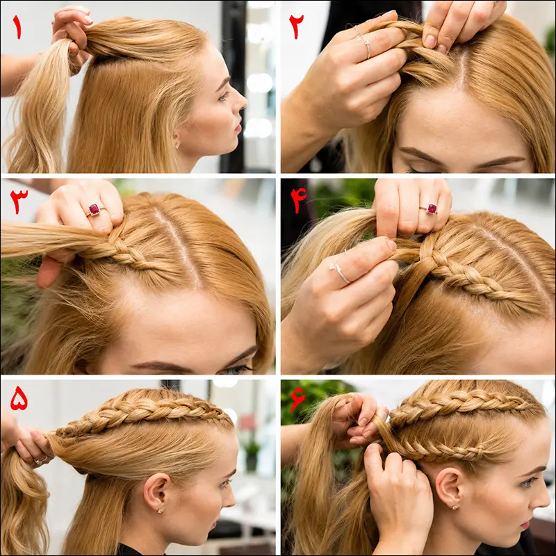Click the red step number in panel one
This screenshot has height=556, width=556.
click(x=17, y=27)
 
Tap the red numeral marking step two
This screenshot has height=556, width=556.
click(x=297, y=27)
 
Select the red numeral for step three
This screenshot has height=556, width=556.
click(x=19, y=201)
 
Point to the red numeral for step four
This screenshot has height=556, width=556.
click(x=298, y=199)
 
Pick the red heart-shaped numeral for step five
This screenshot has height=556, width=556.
click(x=19, y=398)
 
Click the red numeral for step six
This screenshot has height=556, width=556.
click(x=297, y=399)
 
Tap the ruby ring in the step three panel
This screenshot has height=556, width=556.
click(x=95, y=210)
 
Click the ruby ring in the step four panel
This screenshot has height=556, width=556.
click(x=430, y=209)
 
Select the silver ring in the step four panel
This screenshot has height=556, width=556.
click(x=341, y=272)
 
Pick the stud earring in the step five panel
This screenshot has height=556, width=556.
click(x=161, y=511)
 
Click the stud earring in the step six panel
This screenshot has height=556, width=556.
click(x=455, y=507)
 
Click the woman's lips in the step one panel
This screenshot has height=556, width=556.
click(x=238, y=126)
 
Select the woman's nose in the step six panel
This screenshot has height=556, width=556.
click(x=543, y=498)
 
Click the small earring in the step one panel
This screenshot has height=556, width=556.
click(x=177, y=145)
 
